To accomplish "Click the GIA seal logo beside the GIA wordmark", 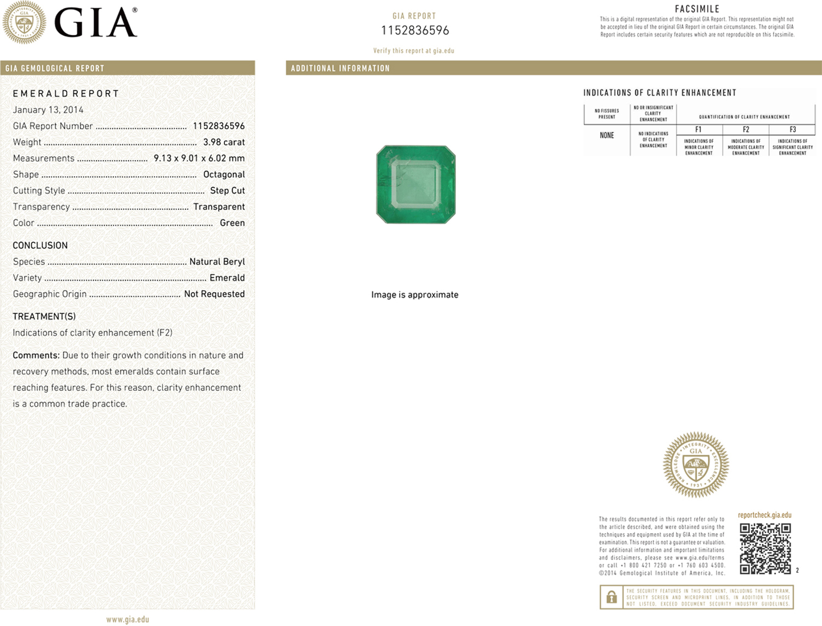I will [24, 22].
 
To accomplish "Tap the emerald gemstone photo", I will [416, 184].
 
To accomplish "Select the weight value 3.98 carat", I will [224, 142].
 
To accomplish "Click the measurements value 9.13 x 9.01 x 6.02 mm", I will [199, 158].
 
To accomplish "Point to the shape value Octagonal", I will [224, 175].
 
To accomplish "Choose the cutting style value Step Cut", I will [227, 191].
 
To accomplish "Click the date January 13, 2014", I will [48, 110].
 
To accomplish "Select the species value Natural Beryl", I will [217, 262].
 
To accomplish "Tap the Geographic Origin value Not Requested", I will [214, 294].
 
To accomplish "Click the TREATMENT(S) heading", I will [44, 316].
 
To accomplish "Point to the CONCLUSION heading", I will [40, 245].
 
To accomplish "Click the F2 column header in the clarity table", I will [746, 130].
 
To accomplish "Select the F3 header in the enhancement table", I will [793, 130].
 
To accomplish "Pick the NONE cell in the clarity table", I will [607, 135].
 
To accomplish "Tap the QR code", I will [765, 549].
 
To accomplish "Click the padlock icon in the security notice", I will [611, 597].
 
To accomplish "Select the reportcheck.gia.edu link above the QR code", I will [764, 515].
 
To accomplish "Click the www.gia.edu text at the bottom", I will [128, 619].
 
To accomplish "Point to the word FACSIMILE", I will [697, 9].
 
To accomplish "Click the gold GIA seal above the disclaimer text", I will [696, 465].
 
